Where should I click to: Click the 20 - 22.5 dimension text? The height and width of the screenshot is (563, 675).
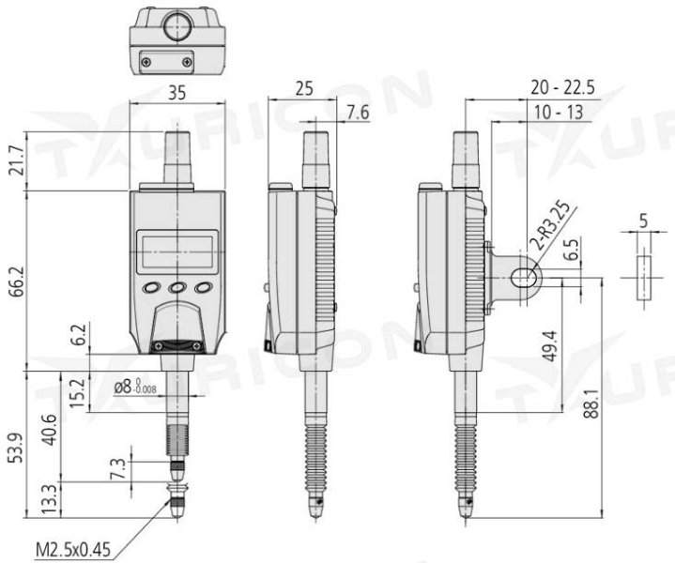[562, 87]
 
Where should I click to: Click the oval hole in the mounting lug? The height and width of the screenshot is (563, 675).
[522, 276]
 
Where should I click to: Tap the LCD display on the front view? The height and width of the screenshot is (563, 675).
[177, 251]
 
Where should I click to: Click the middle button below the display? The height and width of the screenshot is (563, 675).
[177, 287]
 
